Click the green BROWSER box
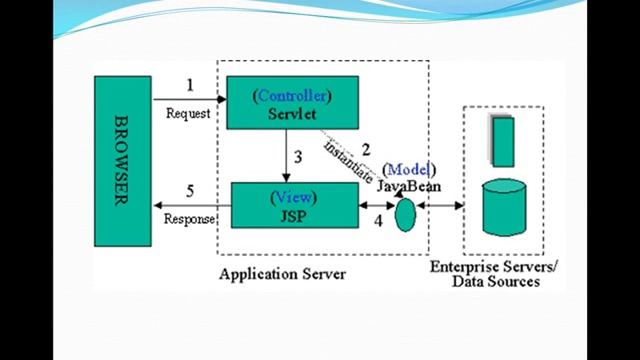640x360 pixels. pyautogui.click(x=123, y=160)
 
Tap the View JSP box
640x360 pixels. pyautogui.click(x=294, y=205)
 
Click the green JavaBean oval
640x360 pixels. pyautogui.click(x=404, y=214)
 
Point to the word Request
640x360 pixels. pyautogui.click(x=188, y=114)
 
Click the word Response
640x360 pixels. pyautogui.click(x=189, y=219)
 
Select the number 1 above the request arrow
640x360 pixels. pyautogui.click(x=188, y=85)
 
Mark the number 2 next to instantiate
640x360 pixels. pyautogui.click(x=366, y=150)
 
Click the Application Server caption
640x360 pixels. pyautogui.click(x=281, y=273)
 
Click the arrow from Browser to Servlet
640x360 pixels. pyautogui.click(x=190, y=100)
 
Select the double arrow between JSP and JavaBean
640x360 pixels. pyautogui.click(x=375, y=206)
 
